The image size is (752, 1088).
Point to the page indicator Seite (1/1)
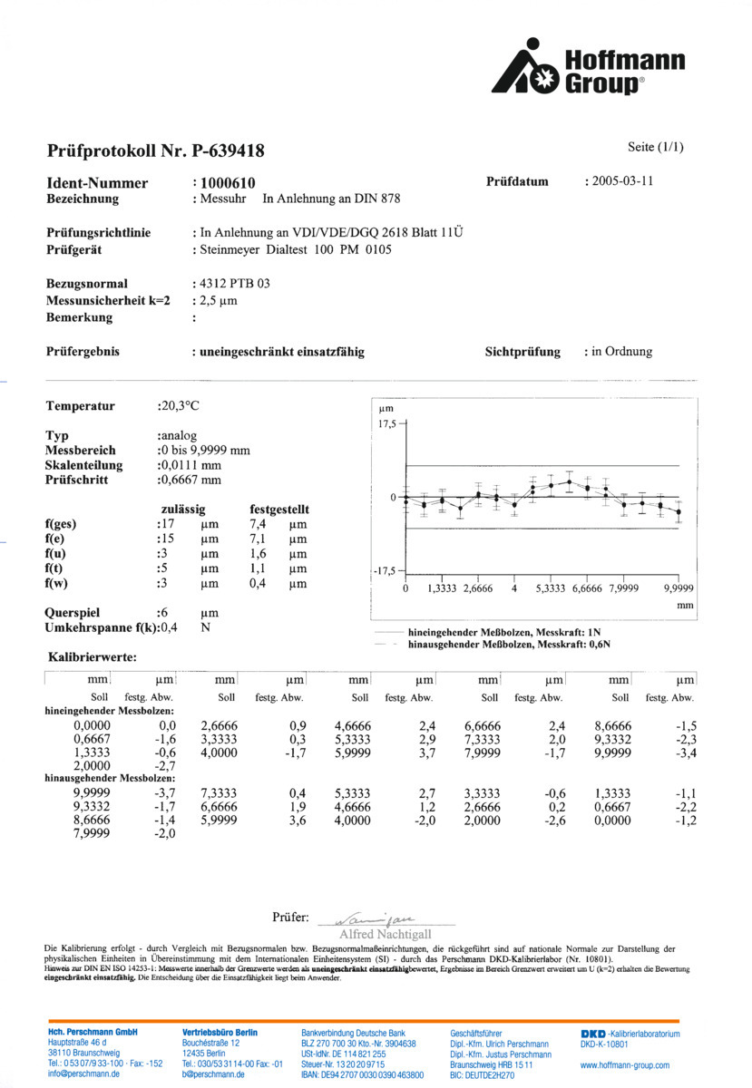(x=654, y=147)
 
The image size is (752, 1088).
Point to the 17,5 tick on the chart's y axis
(x=387, y=423)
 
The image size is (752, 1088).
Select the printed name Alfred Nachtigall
(x=385, y=934)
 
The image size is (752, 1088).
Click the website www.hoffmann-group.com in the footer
(x=624, y=1065)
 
